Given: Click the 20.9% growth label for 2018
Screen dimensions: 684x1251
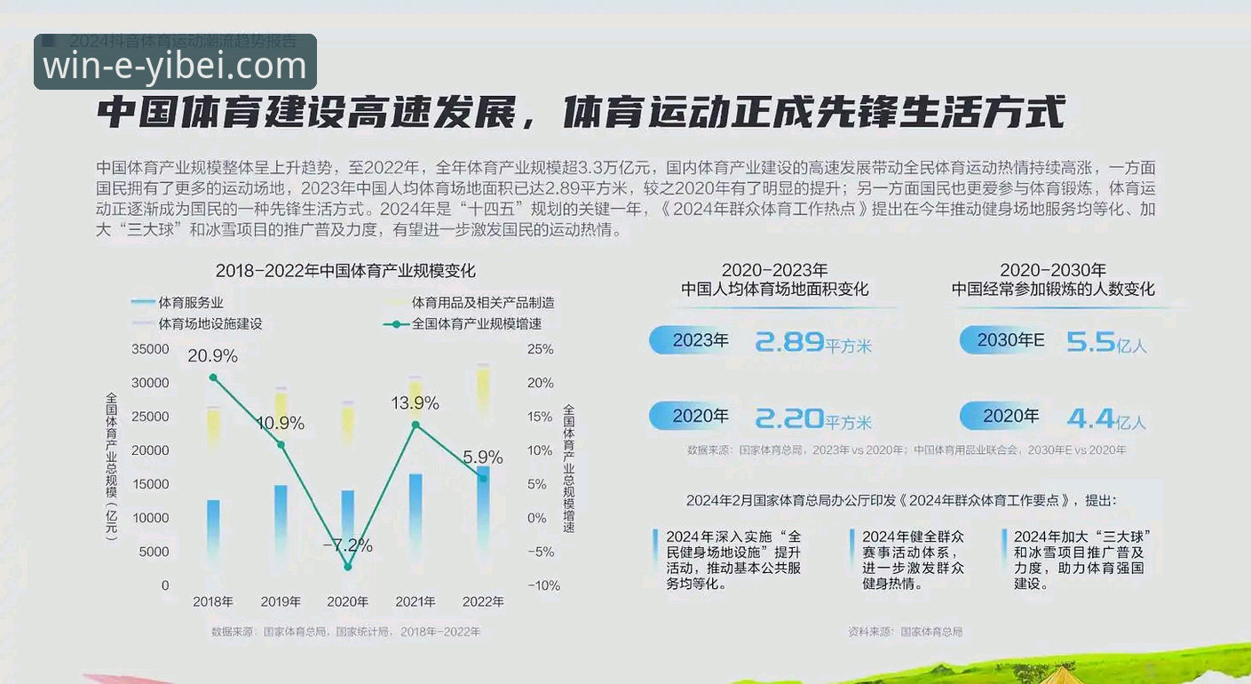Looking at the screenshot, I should pos(212,356).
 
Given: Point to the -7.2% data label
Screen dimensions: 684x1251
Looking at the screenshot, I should pos(347,545).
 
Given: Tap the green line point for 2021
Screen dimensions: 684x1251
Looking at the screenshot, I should pos(415,425).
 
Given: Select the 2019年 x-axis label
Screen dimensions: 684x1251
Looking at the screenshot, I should pos(281,601).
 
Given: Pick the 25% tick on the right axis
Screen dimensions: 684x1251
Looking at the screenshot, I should pos(540,349).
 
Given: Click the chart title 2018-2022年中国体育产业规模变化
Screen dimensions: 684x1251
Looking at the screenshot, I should pos(345,271).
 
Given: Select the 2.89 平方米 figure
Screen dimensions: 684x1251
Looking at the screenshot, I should pos(813,342).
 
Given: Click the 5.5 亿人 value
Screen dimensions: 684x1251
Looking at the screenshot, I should pos(1106,342).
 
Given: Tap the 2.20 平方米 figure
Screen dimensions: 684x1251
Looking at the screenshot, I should pos(813,418).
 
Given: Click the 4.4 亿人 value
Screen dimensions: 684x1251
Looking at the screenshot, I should pos(1106,418).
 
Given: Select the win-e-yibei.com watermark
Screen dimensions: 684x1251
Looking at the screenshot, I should pos(175,66).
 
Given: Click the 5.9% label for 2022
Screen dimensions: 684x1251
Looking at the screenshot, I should pos(482,457).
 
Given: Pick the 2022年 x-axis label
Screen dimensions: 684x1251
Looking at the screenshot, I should pos(483,601).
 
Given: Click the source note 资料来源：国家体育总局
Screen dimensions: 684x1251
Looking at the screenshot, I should pos(905,632).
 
